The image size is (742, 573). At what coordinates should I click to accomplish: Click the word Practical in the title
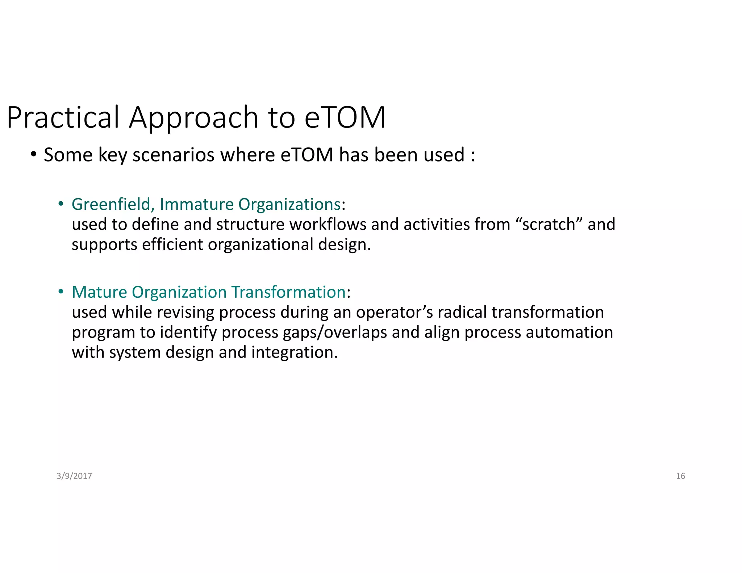63,118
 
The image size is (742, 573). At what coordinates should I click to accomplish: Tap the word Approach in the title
193,118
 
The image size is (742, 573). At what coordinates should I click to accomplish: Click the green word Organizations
289,204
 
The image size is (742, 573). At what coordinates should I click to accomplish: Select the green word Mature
99,292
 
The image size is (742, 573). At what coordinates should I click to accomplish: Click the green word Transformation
288,292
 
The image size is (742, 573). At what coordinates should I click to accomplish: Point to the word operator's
394,312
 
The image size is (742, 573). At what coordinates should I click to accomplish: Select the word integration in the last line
294,352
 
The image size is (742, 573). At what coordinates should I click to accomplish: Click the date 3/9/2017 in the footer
74,476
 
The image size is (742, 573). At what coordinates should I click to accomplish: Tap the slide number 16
680,476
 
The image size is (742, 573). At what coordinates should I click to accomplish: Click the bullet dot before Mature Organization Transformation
61,292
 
